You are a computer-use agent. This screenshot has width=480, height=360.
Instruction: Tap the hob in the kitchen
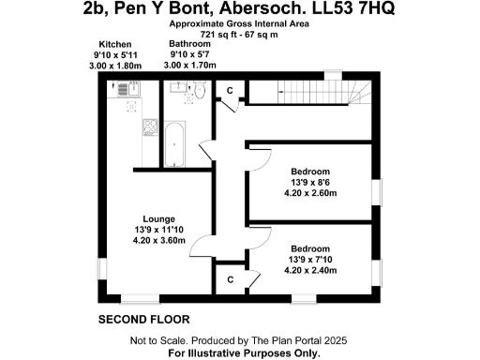pos(148,126)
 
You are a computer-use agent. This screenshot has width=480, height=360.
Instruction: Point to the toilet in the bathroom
pos(200,91)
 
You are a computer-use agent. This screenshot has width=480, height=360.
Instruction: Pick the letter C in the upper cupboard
pos(230,90)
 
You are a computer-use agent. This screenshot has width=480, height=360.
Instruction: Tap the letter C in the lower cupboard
pos(230,278)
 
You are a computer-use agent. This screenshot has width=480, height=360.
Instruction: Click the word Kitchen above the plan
pos(115,45)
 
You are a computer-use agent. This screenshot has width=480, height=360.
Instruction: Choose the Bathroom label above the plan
pos(189,44)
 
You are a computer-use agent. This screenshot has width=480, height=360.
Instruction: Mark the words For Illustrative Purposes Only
pos(244,353)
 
